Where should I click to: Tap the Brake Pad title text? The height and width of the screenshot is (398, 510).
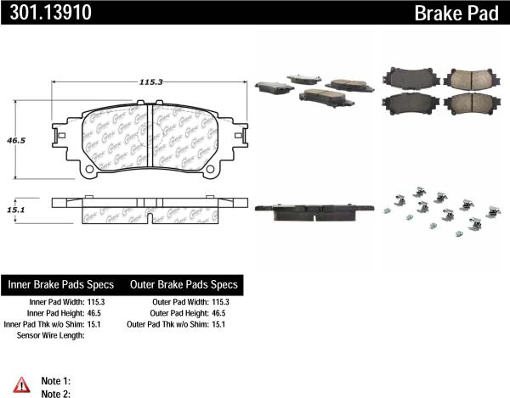coord(460,12)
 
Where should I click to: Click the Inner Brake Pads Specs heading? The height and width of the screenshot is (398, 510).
coord(60,284)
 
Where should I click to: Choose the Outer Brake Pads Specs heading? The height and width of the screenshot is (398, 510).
coord(183,284)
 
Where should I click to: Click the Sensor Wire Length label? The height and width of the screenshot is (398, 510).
coord(52,334)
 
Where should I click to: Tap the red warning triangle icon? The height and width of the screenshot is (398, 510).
coord(22,383)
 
